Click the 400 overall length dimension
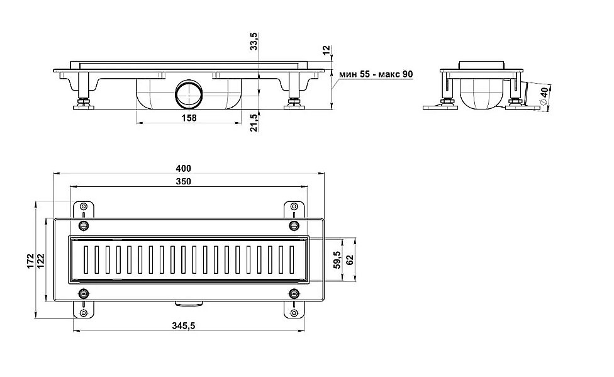(183, 169)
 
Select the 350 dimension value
(183, 181)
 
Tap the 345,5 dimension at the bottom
(183, 325)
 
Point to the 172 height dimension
(31, 261)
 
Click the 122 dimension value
(41, 261)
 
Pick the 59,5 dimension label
(337, 260)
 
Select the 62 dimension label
(350, 260)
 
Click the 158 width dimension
(189, 118)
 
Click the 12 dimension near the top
(327, 50)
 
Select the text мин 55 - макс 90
(376, 74)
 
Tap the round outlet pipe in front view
(188, 94)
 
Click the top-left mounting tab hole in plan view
(84, 206)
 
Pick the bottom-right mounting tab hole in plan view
(294, 313)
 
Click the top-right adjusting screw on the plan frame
(294, 225)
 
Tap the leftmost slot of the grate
(86, 259)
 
